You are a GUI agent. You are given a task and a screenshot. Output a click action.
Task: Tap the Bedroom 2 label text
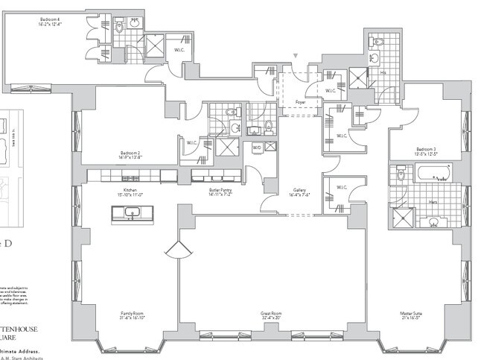(109, 155)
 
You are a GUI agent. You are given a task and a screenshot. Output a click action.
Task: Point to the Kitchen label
(131, 191)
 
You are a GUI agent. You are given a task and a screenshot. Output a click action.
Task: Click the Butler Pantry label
(221, 191)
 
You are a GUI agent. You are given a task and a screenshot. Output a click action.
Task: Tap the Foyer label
(300, 101)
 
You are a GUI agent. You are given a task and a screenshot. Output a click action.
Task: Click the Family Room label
(132, 315)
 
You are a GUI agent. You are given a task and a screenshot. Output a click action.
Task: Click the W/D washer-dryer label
(258, 147)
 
